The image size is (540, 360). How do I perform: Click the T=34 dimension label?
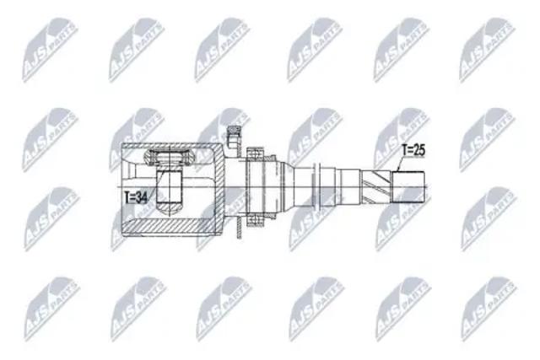pyautogui.click(x=136, y=197)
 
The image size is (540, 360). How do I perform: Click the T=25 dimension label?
pyautogui.click(x=413, y=150)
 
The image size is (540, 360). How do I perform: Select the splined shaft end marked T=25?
pyautogui.click(x=408, y=187)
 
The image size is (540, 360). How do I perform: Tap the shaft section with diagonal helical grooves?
pyautogui.click(x=375, y=187)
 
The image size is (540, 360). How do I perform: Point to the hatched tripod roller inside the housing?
pyautogui.click(x=170, y=158)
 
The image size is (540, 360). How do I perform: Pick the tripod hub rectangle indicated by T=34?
pyautogui.click(x=169, y=186)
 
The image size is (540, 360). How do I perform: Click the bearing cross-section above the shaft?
pyautogui.click(x=255, y=154)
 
